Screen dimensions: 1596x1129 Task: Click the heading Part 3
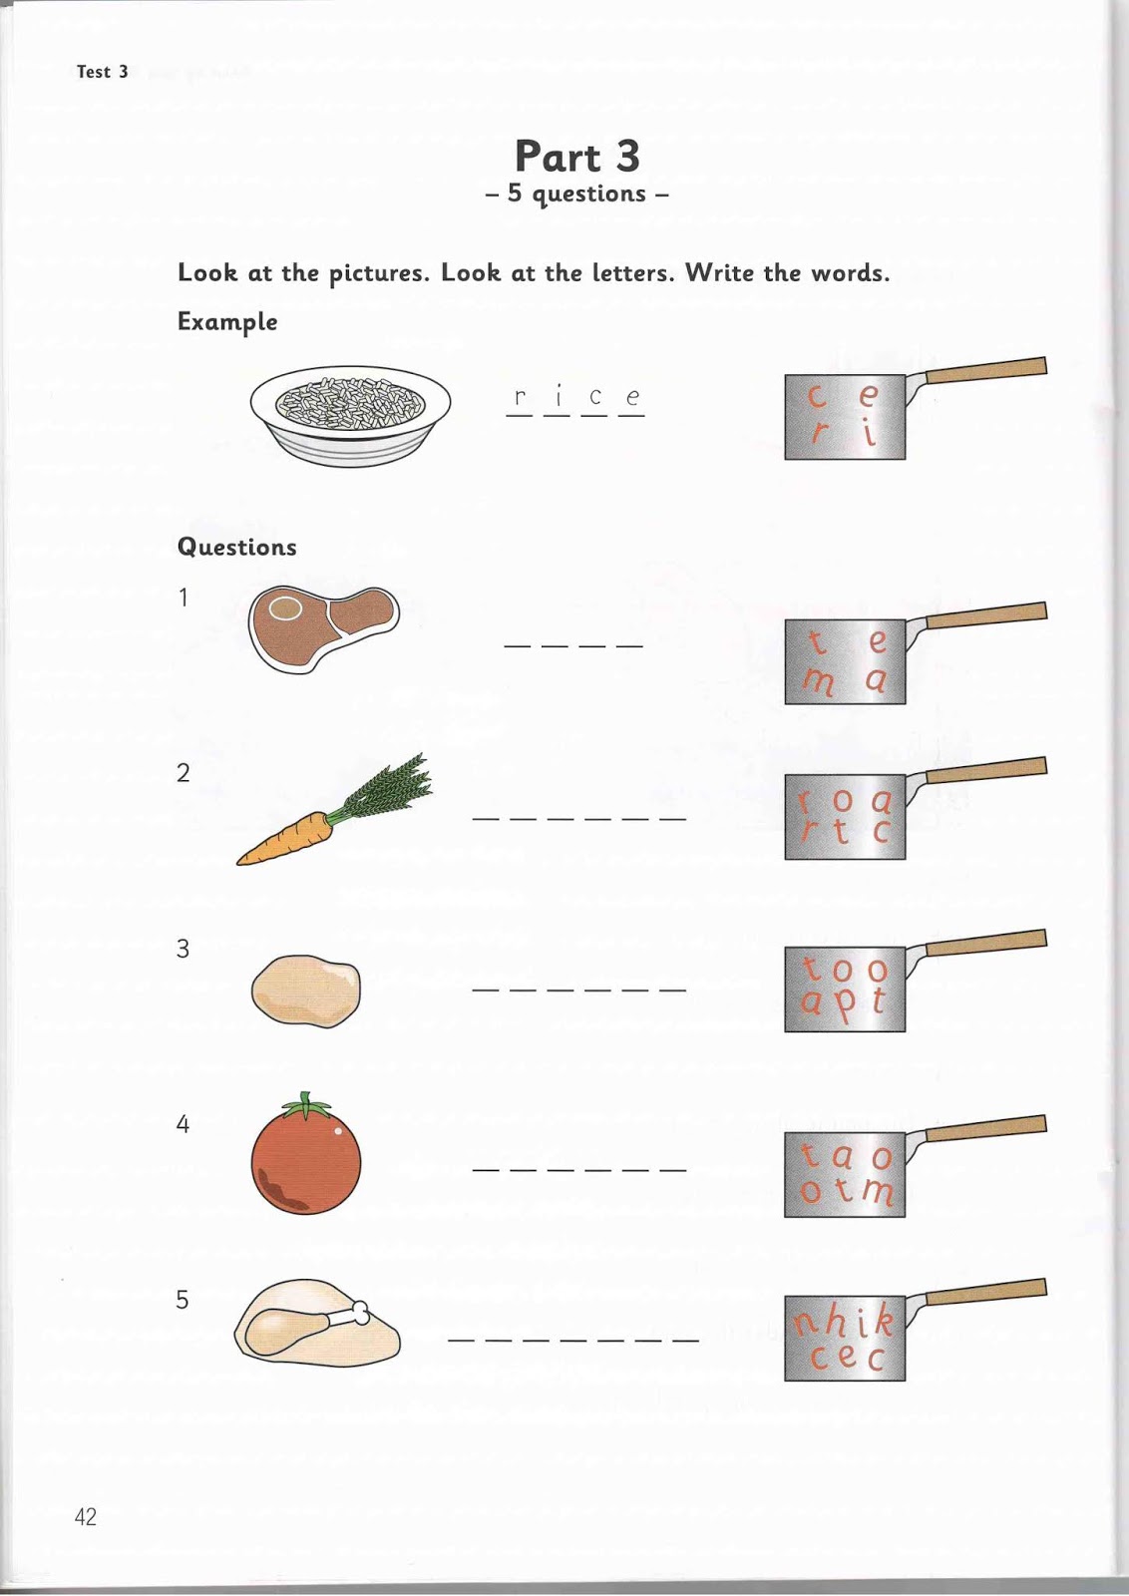tap(576, 157)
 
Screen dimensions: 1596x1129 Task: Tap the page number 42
tap(86, 1517)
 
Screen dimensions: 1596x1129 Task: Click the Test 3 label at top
tap(103, 72)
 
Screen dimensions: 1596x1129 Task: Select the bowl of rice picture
tap(350, 413)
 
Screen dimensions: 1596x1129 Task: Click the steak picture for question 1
tap(322, 627)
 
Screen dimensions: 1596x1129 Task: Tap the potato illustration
tap(306, 991)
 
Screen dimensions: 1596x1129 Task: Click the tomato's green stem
tap(306, 1105)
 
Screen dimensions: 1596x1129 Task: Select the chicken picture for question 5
tap(317, 1324)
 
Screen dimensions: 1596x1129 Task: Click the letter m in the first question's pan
tap(819, 682)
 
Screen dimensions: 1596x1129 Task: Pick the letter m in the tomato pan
tap(879, 1191)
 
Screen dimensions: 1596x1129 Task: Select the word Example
tap(227, 322)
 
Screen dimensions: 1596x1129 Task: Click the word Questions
tap(237, 547)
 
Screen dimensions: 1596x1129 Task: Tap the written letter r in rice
tap(520, 397)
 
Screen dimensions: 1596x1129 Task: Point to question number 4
tap(183, 1124)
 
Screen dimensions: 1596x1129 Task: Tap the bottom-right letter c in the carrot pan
tap(880, 832)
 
